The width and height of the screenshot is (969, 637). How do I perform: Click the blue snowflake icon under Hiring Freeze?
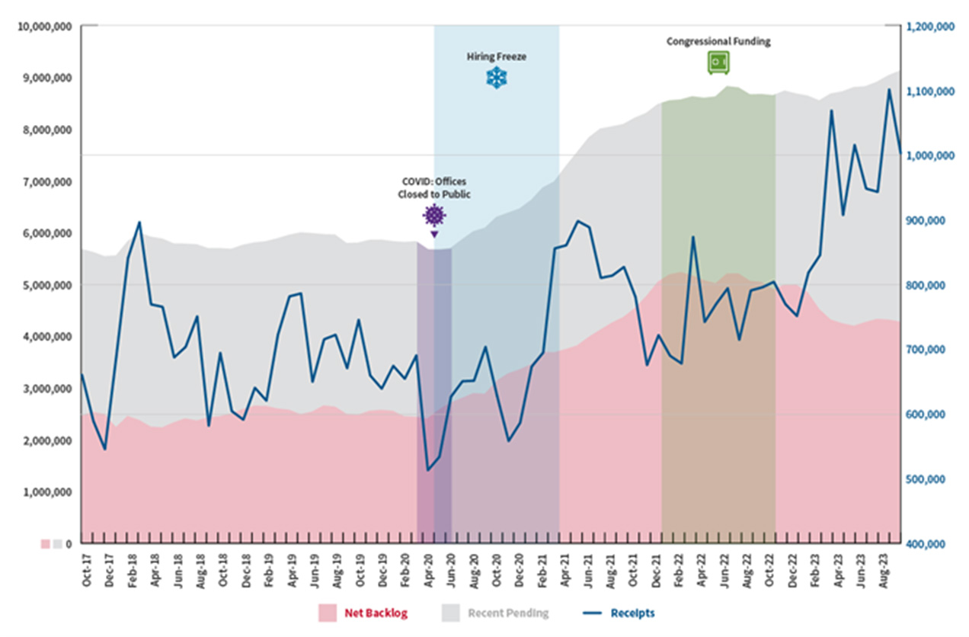pos(497,78)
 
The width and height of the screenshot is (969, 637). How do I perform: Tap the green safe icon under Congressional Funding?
pos(718,62)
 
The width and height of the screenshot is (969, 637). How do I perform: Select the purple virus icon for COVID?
pos(433,216)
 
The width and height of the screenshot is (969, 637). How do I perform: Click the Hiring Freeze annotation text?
pos(497,56)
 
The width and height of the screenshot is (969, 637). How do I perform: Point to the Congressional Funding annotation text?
pos(718,42)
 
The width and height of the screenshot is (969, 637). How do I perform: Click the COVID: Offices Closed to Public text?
pos(433,188)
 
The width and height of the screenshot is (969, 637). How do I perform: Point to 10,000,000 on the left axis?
pos(44,26)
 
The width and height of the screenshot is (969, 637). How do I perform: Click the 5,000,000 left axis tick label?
pos(44,285)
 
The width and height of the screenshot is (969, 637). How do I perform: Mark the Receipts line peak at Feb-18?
pos(139,222)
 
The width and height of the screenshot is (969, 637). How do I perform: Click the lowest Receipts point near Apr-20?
pos(427,470)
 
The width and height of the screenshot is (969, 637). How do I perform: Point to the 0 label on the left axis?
pos(69,544)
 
